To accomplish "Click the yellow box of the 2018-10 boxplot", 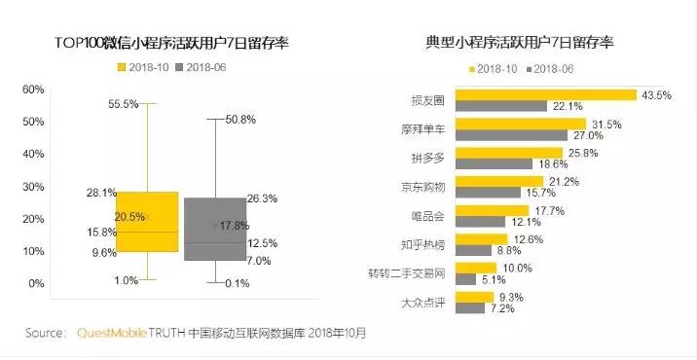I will tap(147, 222).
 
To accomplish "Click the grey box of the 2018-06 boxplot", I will tap(215, 229).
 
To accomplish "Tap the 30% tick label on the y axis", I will tap(33, 186).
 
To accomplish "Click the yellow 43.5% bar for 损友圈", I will tap(546, 95).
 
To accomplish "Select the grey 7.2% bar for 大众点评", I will tap(470, 308).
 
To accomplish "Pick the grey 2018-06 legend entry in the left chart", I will tap(206, 67).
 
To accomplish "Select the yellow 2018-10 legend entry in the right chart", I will tap(495, 69).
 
